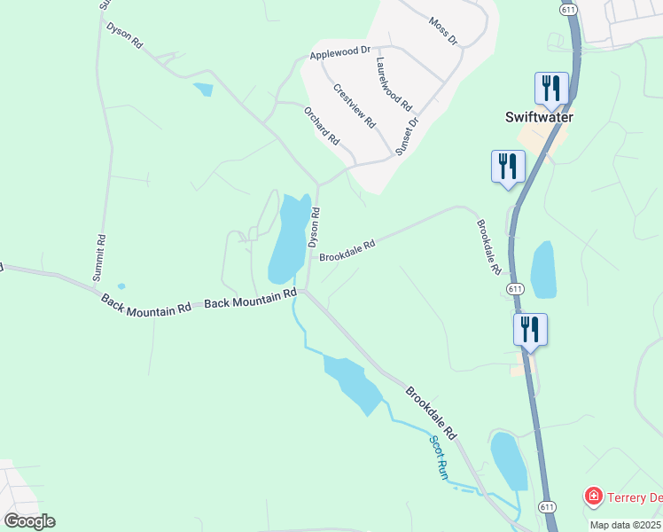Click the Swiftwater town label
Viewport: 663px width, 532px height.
click(x=539, y=117)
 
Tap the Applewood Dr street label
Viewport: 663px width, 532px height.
click(x=339, y=54)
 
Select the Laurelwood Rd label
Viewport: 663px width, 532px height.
click(x=394, y=83)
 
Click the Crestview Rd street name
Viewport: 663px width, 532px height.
click(x=355, y=106)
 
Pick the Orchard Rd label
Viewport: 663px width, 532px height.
click(x=322, y=126)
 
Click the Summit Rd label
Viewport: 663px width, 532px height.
click(x=100, y=258)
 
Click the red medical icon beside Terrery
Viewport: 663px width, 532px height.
click(x=593, y=497)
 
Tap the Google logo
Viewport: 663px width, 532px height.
click(x=29, y=520)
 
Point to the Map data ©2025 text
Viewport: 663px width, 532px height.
click(x=625, y=525)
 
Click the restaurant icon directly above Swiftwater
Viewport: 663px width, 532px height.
click(x=551, y=89)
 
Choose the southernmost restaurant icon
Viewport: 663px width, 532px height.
click(x=530, y=330)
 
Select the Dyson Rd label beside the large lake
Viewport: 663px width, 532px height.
click(x=314, y=227)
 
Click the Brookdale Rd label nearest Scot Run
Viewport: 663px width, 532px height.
click(x=431, y=412)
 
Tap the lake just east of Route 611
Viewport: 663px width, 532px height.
click(x=542, y=270)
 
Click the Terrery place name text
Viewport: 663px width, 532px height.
click(x=635, y=497)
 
